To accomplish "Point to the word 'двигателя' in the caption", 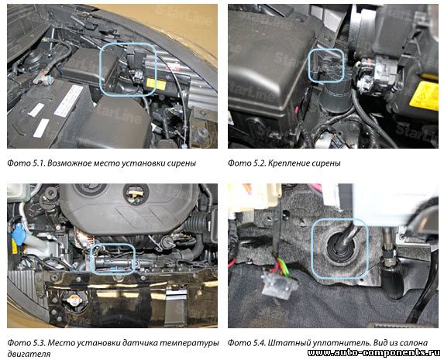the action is click(29, 354).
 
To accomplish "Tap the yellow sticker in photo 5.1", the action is click(156, 84).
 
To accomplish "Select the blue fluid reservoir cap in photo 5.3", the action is click(19, 234).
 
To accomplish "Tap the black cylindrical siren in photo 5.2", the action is click(336, 98).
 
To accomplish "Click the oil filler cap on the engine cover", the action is click(136, 194).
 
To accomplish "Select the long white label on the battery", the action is click(68, 101).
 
